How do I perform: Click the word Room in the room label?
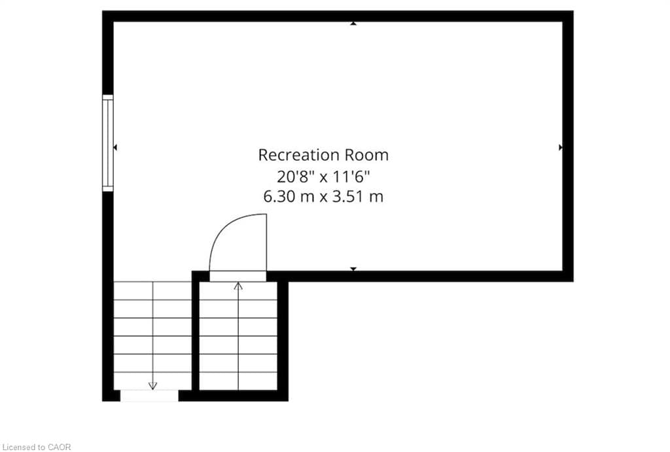[x=367, y=155]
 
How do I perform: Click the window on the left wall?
[x=108, y=143]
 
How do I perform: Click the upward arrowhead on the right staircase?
[x=238, y=286]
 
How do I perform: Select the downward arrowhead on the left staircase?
[x=152, y=385]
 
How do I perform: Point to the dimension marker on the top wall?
[x=353, y=24]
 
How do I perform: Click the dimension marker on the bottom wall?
[x=353, y=269]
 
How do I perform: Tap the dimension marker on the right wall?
[x=561, y=147]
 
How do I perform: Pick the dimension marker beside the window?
[x=115, y=147]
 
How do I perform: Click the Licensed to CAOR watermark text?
[x=37, y=447]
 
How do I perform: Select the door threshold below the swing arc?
[x=238, y=277]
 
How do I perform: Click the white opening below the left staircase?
[x=149, y=396]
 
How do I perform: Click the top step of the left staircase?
[x=152, y=290]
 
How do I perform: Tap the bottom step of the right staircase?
[x=238, y=381]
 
